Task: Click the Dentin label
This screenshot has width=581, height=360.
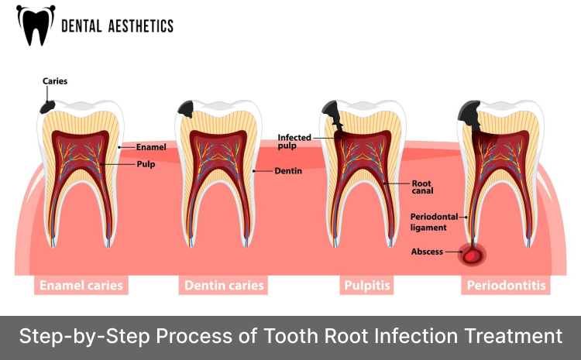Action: pyautogui.click(x=288, y=170)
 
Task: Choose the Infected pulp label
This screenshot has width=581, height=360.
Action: pyautogui.click(x=294, y=141)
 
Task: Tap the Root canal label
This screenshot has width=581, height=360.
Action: pyautogui.click(x=421, y=187)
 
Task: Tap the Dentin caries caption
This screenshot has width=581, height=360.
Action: pyautogui.click(x=224, y=286)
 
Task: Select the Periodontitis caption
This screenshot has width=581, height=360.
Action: pyautogui.click(x=506, y=286)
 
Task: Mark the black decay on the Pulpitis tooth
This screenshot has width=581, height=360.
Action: pyautogui.click(x=334, y=115)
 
